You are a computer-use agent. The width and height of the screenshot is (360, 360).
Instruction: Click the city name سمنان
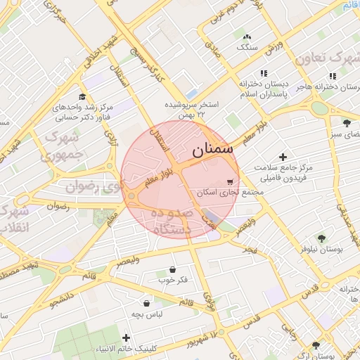pos(210,149)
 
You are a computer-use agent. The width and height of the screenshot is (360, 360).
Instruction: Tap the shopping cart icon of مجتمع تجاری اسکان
pos(231,181)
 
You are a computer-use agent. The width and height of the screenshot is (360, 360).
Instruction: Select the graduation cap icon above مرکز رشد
pos(82,97)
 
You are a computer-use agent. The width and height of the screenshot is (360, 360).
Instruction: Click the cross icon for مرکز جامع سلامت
pos(283,157)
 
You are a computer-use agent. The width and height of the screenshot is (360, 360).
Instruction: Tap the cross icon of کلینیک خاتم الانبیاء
pos(127,337)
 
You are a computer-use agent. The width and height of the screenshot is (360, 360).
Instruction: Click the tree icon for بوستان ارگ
pos(316,345)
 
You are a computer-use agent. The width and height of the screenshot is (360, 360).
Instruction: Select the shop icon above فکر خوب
pos(172,269)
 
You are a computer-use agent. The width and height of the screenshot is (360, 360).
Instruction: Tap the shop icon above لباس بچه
pos(146,303)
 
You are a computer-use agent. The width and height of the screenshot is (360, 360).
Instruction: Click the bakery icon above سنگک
pos(246,37)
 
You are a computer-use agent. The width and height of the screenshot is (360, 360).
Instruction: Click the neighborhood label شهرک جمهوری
pos(63,144)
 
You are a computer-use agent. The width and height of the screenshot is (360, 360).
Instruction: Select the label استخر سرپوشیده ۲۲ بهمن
pos(191,108)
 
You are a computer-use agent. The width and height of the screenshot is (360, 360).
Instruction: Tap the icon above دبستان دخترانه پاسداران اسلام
pos(264,73)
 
